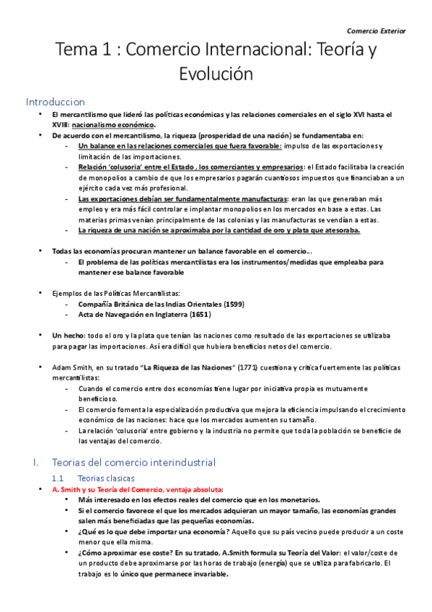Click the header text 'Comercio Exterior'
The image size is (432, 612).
tap(376, 31)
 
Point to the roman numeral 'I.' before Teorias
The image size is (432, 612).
tap(30, 461)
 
